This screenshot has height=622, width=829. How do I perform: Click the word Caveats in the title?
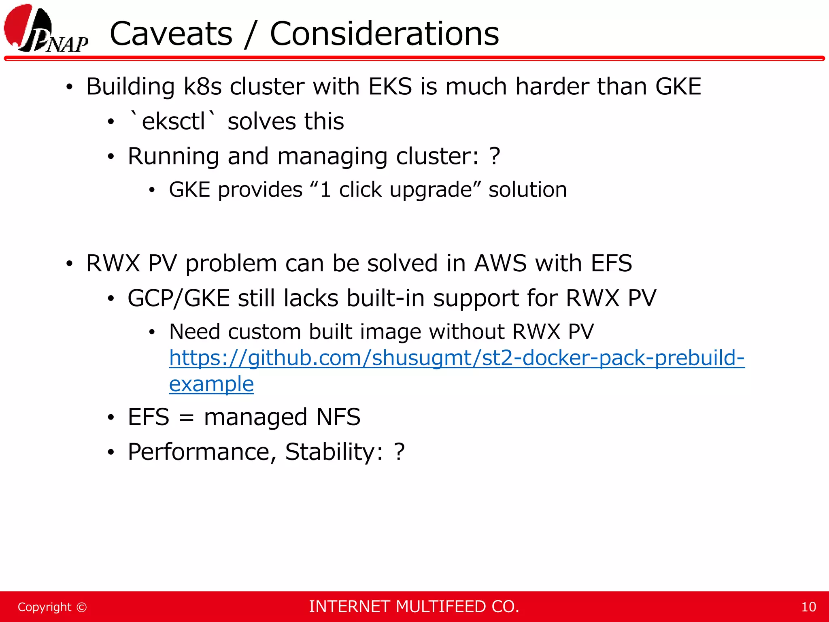171,34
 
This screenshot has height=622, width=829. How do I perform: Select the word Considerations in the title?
384,34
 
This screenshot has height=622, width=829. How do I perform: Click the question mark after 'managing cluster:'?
495,156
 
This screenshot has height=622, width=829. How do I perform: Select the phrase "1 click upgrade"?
395,190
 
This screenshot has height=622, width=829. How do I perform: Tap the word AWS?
500,263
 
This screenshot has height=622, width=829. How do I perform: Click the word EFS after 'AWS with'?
611,263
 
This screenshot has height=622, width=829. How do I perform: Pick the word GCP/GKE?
179,298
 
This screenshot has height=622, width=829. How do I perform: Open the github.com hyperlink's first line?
457,358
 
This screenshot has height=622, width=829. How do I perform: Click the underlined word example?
211,384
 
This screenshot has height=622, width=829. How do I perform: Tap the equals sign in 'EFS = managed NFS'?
186,418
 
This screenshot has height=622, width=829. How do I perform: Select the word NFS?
338,417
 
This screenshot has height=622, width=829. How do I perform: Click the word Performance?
199,452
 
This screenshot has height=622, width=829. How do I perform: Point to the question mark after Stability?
399,452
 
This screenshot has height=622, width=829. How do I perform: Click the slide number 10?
808,607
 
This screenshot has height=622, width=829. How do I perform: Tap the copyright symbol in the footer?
81,607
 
